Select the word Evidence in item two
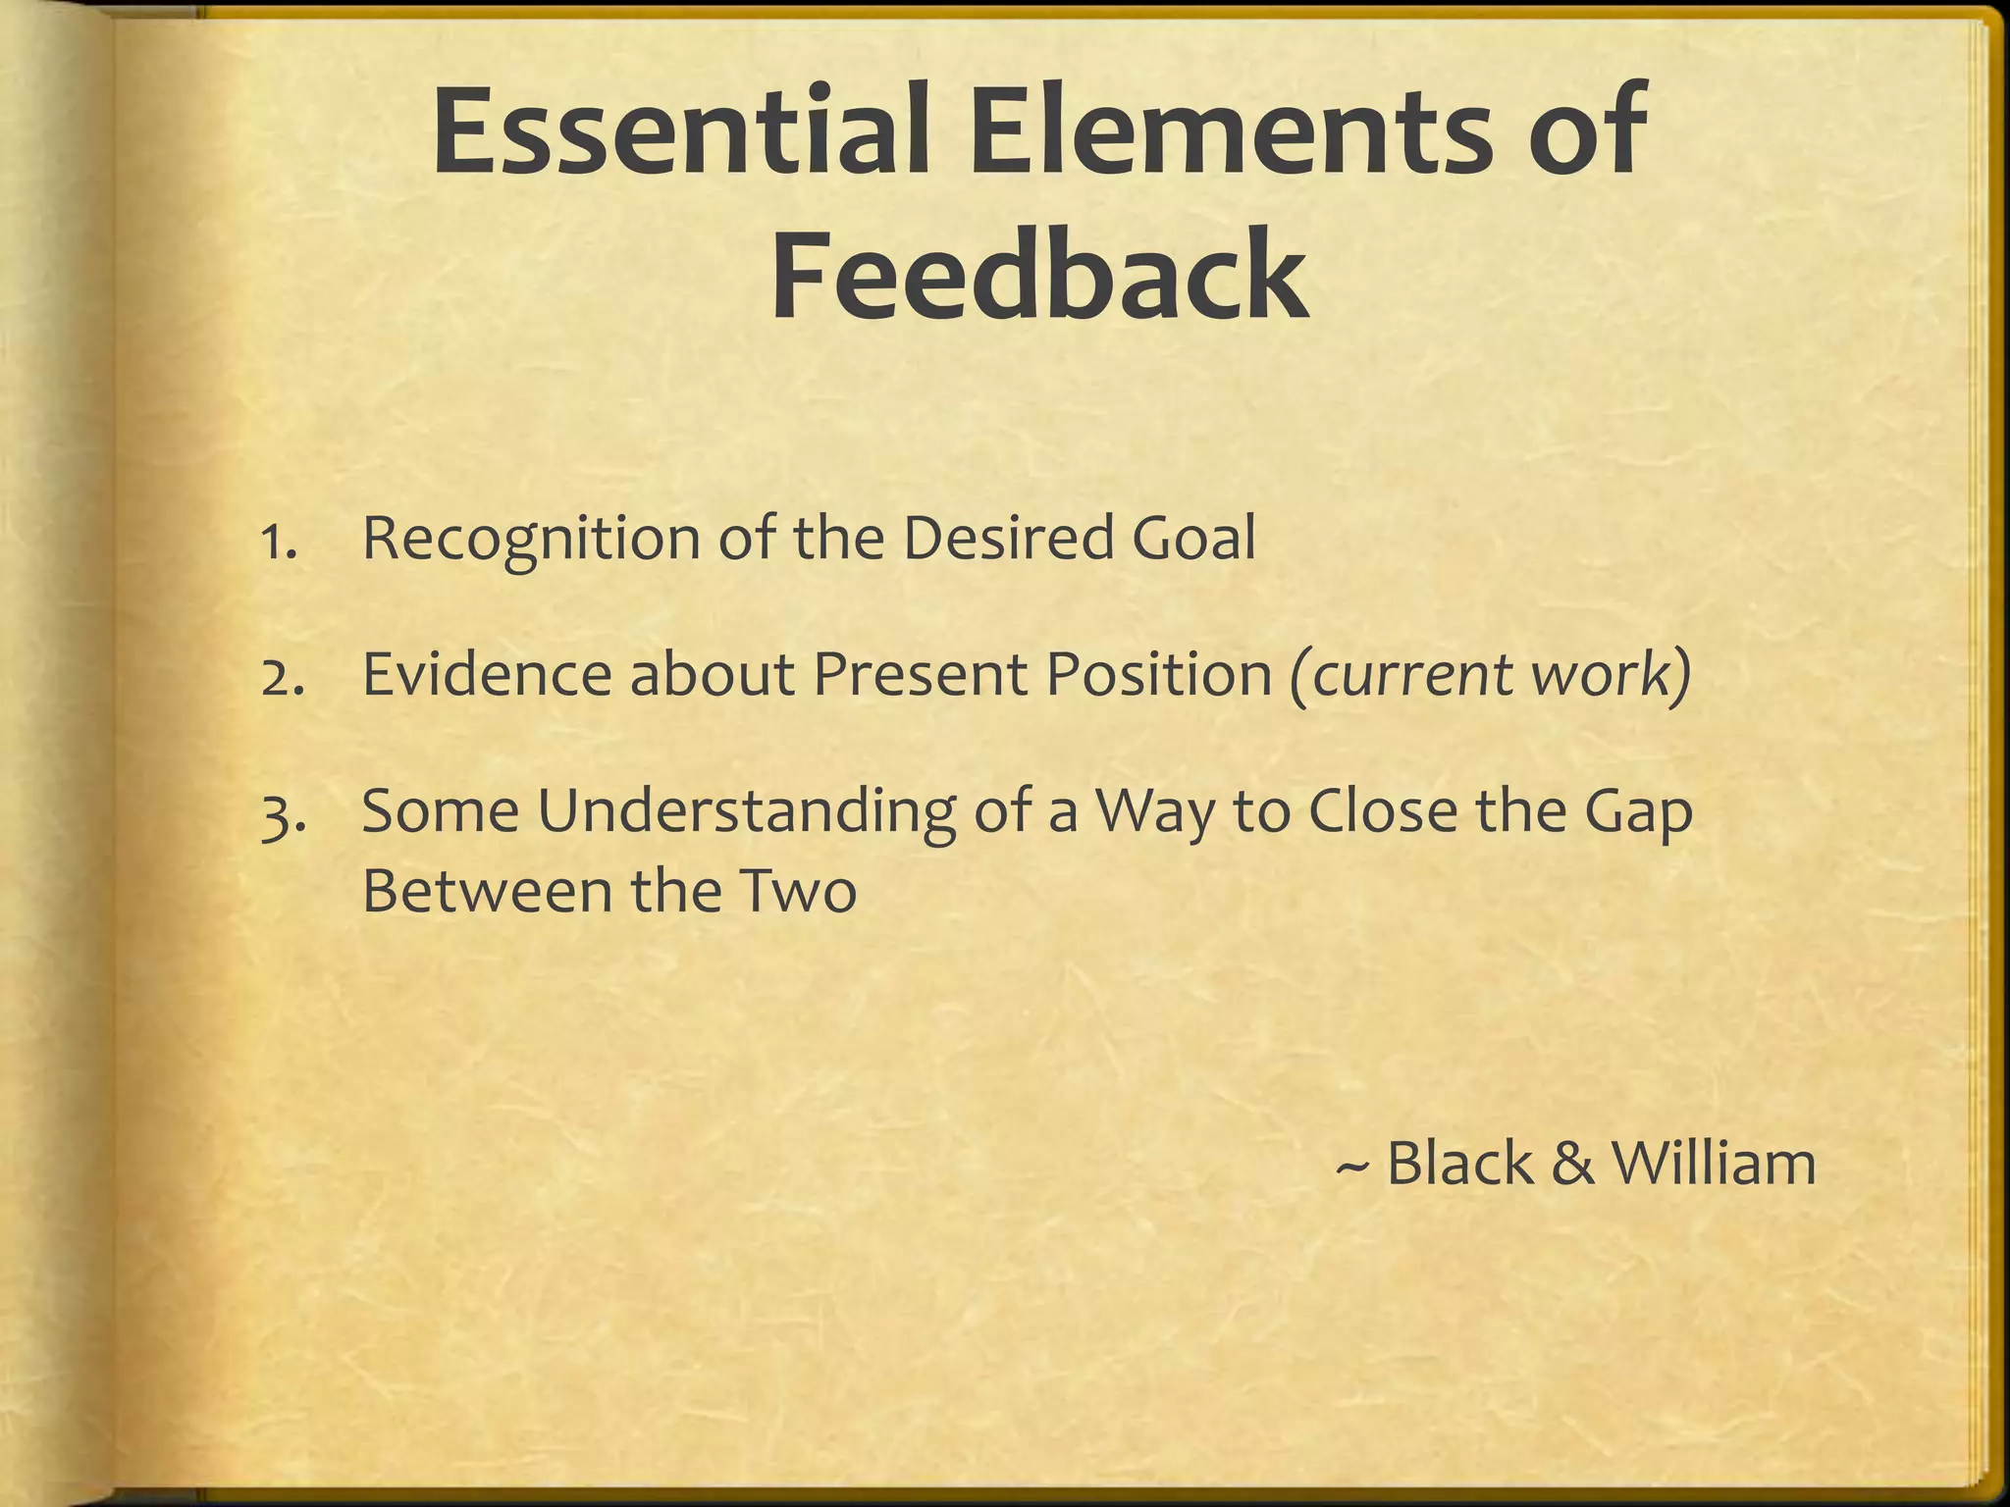point(487,675)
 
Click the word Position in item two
point(1158,675)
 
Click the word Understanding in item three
point(746,814)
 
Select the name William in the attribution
point(1714,1163)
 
